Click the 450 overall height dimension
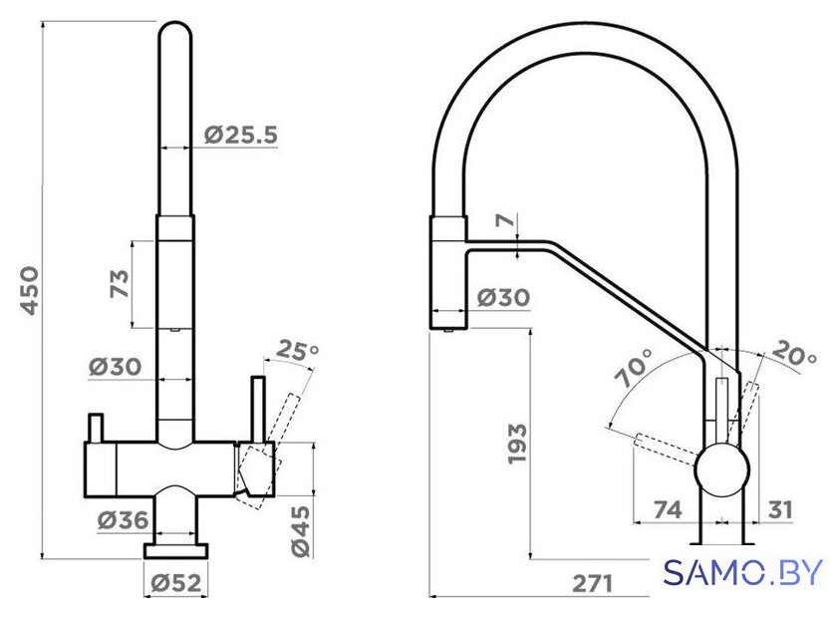29,291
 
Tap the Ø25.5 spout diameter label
241,136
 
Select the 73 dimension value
120,284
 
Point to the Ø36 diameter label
124,519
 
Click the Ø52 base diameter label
176,582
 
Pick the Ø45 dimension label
300,531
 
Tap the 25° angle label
297,351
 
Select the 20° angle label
794,353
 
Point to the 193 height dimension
517,444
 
